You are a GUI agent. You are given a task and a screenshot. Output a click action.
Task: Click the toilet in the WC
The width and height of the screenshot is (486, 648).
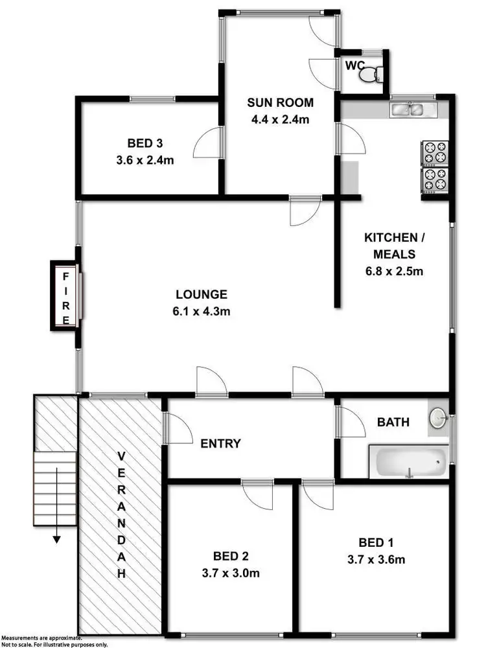click(x=371, y=75)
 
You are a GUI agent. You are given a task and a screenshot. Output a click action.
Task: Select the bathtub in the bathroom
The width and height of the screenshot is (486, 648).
click(x=408, y=461)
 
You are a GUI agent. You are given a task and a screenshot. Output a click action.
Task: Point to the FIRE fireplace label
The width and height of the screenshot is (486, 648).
click(x=65, y=297)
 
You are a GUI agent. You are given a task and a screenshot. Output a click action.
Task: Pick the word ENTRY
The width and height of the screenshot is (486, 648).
click(x=220, y=444)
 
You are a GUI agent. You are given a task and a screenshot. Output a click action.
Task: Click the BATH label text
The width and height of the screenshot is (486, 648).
click(x=393, y=422)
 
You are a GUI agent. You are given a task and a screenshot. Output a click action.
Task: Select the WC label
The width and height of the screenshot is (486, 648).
click(x=354, y=65)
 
